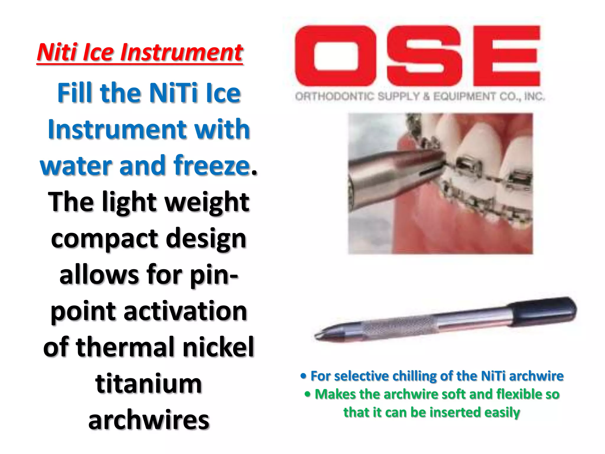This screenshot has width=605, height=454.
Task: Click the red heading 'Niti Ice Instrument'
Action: tap(140, 52)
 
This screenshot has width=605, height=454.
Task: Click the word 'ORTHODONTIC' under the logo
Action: tap(335, 96)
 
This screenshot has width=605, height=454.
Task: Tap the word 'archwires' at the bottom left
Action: tap(149, 420)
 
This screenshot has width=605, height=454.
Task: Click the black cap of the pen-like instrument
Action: tap(544, 312)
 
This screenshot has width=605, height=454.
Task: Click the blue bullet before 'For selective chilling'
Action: tap(303, 376)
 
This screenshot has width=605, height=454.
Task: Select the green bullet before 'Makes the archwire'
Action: tap(308, 394)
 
